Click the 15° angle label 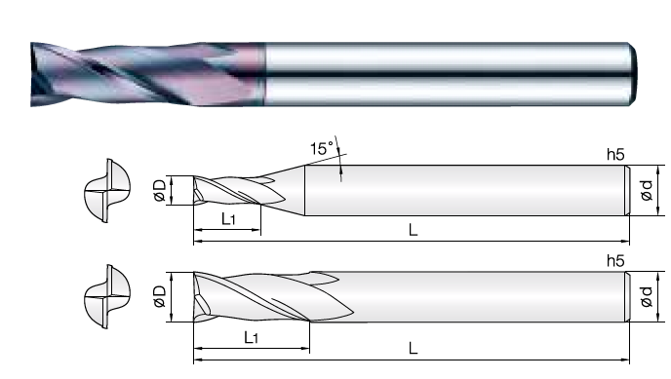click(x=322, y=148)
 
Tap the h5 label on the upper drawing click(x=615, y=154)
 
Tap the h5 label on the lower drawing click(x=615, y=260)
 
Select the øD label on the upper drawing click(x=160, y=191)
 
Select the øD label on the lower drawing click(x=160, y=296)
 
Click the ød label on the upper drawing click(x=647, y=190)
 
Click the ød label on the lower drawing click(x=647, y=296)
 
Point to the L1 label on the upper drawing click(x=228, y=219)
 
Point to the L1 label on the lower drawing click(x=252, y=337)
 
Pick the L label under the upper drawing click(x=413, y=230)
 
